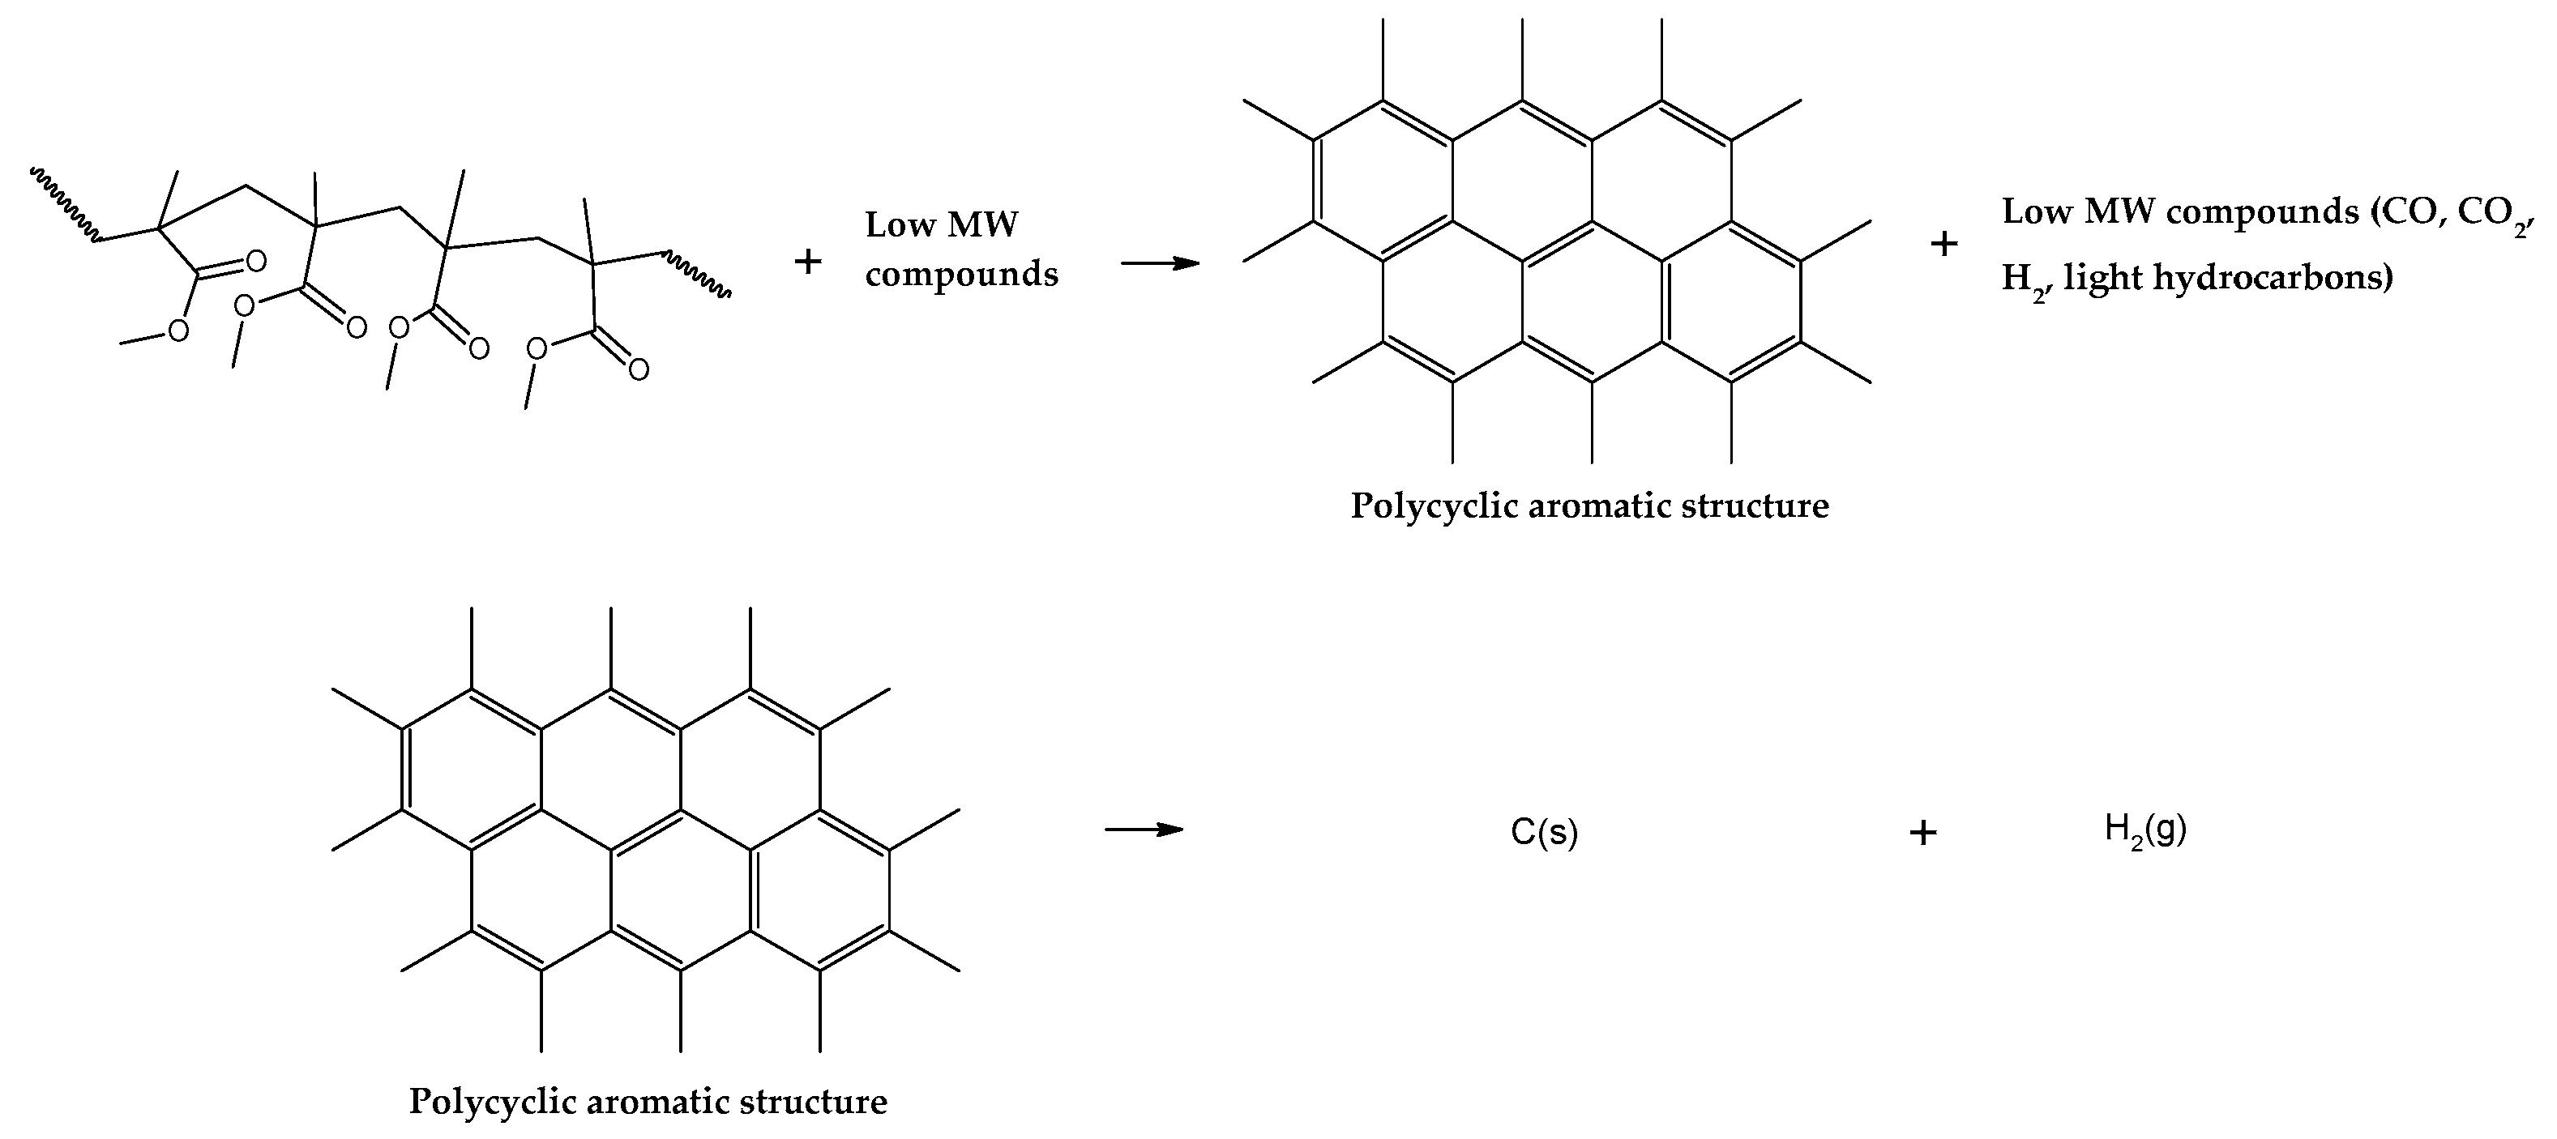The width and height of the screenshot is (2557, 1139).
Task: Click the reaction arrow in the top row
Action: (1160, 263)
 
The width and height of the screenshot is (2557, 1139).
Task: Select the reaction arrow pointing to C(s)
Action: (1144, 830)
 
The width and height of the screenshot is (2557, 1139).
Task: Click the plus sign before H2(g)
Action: (1922, 833)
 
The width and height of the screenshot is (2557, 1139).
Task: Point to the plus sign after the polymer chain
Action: (808, 262)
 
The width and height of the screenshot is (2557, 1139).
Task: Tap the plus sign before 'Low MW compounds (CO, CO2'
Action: (1943, 244)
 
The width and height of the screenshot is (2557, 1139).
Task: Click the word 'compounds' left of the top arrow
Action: (961, 273)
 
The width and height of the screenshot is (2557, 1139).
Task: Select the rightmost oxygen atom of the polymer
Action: (639, 370)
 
